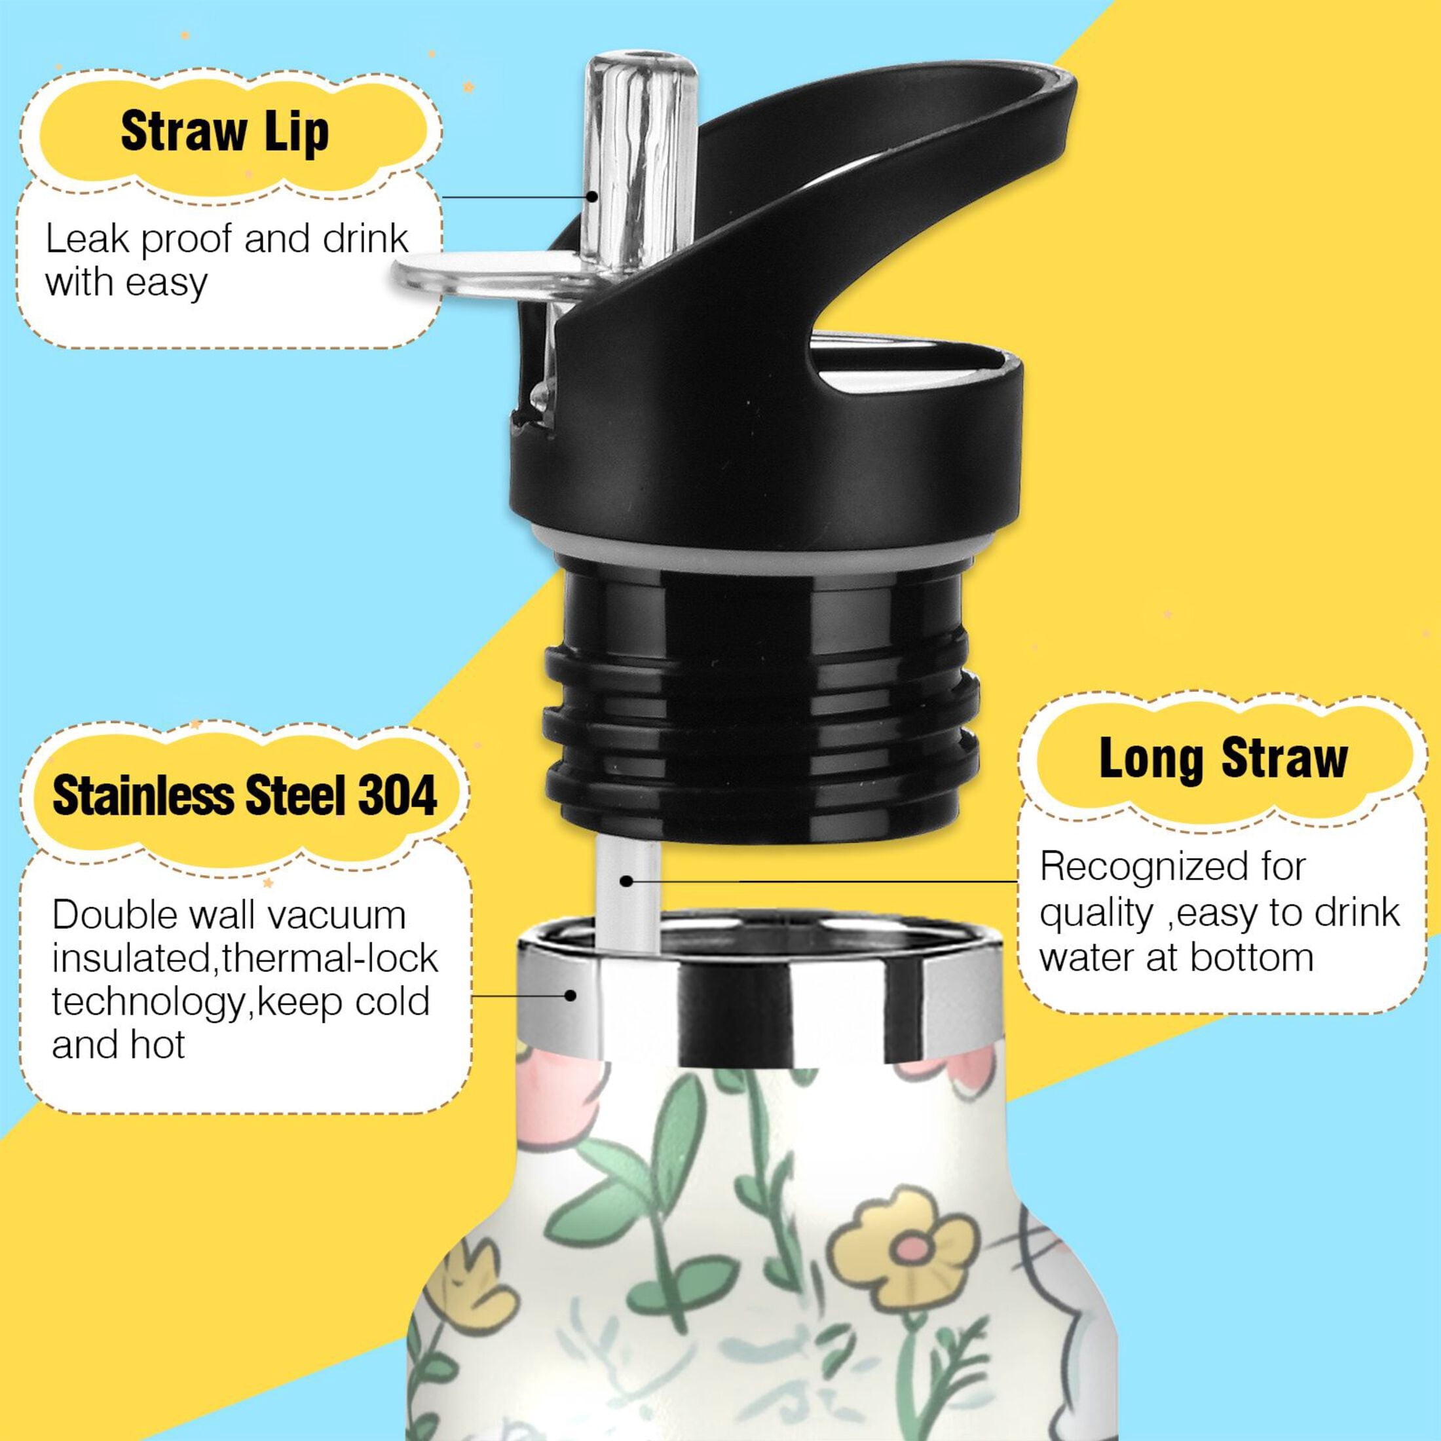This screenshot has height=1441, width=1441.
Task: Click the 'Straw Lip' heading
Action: click(x=225, y=133)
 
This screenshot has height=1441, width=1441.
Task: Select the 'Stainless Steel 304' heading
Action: click(x=244, y=796)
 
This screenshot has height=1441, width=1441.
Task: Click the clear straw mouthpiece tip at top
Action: click(x=641, y=64)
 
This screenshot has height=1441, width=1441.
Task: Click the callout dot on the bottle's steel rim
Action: click(x=571, y=995)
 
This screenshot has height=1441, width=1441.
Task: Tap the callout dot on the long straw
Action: click(x=627, y=881)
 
